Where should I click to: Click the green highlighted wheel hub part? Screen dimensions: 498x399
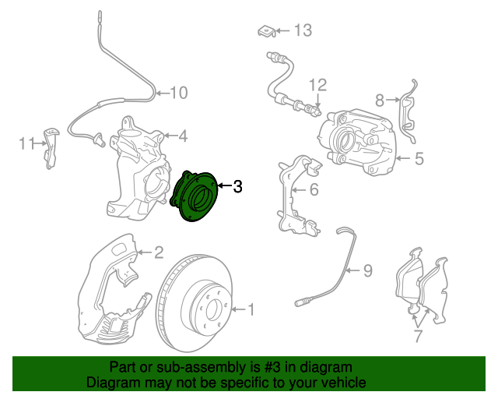(x=194, y=196)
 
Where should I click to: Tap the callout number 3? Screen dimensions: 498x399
(x=237, y=186)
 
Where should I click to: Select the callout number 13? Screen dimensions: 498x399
(x=303, y=30)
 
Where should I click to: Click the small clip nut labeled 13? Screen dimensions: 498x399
(x=266, y=31)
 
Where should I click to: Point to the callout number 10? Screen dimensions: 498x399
(x=179, y=93)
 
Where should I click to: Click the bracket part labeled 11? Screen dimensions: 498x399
(x=50, y=148)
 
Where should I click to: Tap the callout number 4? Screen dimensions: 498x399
(x=183, y=136)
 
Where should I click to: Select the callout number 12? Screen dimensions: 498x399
(x=317, y=85)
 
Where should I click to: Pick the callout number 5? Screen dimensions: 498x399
(x=419, y=158)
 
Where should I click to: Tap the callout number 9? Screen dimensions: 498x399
(x=368, y=270)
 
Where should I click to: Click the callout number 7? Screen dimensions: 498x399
(x=418, y=336)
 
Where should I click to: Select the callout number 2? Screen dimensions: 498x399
(x=159, y=252)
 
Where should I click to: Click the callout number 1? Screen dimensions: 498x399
(x=251, y=309)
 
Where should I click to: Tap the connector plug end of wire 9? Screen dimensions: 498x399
(x=301, y=302)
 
